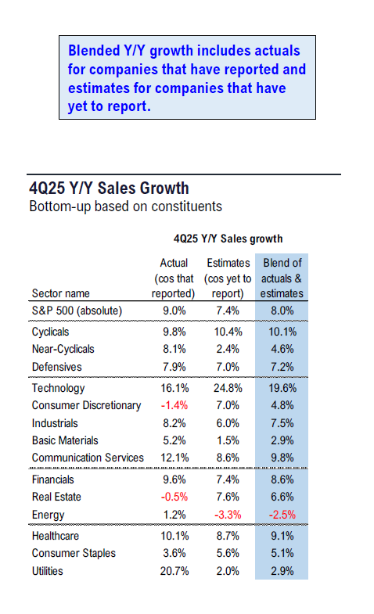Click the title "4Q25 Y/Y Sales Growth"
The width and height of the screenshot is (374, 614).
(x=108, y=189)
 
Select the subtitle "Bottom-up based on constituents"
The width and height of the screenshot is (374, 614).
(x=125, y=207)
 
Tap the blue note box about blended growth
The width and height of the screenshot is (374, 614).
(x=187, y=77)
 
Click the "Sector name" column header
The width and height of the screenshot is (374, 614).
(x=61, y=293)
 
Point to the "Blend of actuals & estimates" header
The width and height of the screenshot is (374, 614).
(x=282, y=278)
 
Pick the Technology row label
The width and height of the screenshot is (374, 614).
(x=58, y=388)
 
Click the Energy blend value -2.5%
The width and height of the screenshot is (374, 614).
(x=282, y=514)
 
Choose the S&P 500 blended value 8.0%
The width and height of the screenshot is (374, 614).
(x=282, y=310)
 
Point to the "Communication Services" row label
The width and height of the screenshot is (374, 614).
(x=88, y=458)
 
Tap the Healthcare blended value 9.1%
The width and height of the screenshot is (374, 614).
(x=282, y=536)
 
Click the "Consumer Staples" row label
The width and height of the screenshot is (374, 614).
(x=74, y=553)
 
